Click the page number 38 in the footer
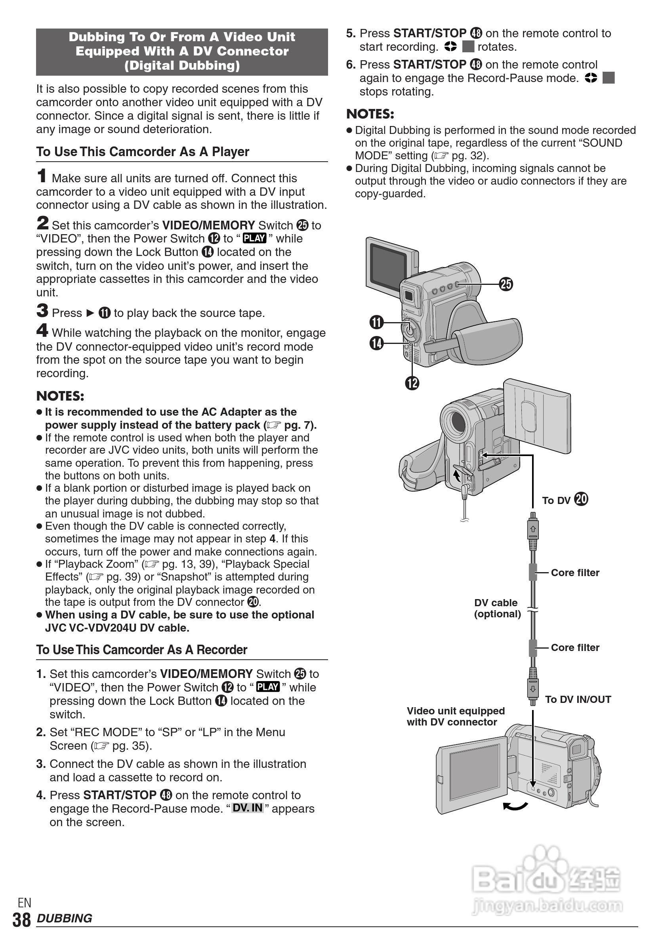(x=21, y=920)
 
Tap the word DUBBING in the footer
(x=65, y=918)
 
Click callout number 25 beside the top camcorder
(x=506, y=284)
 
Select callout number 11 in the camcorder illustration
(x=376, y=322)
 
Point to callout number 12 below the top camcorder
(x=412, y=383)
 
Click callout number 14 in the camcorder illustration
(x=376, y=343)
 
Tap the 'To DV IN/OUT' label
(x=578, y=699)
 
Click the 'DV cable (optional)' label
(x=497, y=608)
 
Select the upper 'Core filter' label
(x=575, y=573)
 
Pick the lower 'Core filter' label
(x=575, y=647)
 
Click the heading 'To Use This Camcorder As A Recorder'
(x=142, y=650)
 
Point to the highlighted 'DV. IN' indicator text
(x=247, y=807)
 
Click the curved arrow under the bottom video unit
(x=515, y=807)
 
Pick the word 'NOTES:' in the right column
(x=370, y=114)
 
